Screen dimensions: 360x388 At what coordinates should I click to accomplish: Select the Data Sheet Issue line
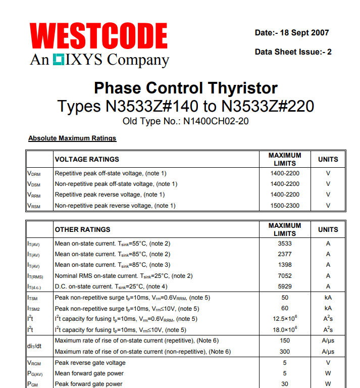[x=293, y=52]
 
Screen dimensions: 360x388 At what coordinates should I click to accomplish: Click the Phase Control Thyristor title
[x=186, y=88]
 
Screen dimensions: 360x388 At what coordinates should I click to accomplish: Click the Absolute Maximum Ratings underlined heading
[x=72, y=138]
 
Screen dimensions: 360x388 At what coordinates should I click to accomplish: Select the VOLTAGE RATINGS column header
[x=87, y=159]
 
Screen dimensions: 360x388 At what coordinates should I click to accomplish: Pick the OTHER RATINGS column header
[x=82, y=229]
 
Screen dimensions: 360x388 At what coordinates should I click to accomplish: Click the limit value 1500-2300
[x=285, y=205]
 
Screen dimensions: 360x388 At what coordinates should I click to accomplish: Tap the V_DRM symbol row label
[x=34, y=173]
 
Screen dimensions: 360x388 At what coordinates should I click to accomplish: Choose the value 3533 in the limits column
[x=285, y=243]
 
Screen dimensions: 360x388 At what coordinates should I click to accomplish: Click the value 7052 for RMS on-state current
[x=285, y=275]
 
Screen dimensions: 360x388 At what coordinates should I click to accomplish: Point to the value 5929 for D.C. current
[x=285, y=286]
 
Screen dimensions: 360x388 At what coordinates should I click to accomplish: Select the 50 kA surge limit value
[x=285, y=298]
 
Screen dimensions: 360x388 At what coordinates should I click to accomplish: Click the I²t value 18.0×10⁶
[x=285, y=329]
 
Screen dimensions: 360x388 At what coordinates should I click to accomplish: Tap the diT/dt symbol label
[x=34, y=346]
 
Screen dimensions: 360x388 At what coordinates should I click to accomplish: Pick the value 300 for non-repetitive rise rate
[x=285, y=351]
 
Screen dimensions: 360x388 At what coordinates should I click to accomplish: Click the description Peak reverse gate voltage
[x=90, y=363]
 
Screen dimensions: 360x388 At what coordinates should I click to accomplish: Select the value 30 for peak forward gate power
[x=285, y=384]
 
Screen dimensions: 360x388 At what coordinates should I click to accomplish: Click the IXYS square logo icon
[x=58, y=60]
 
